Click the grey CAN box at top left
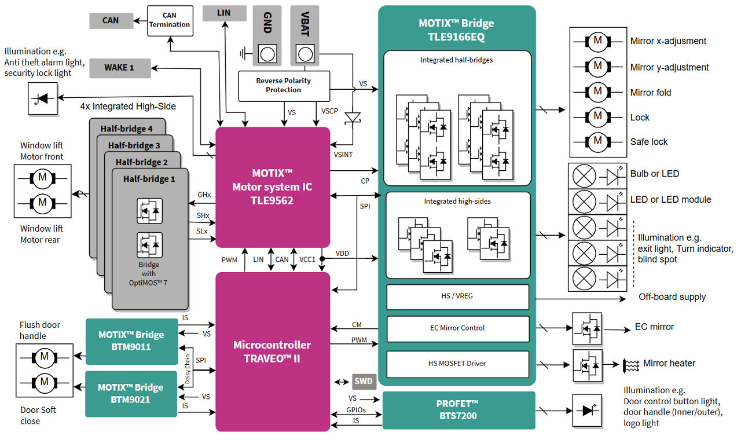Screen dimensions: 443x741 111,20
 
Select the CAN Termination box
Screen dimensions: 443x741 169,20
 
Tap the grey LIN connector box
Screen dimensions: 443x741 223,12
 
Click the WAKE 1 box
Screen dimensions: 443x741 119,68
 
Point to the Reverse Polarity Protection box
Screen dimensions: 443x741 284,86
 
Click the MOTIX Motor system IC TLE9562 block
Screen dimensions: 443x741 272,187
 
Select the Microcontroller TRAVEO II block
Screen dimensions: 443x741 272,352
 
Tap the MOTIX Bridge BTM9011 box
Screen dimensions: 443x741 131,341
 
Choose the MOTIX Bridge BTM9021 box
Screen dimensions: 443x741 131,393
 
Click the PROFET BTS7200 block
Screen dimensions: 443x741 458,409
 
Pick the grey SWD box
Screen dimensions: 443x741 364,382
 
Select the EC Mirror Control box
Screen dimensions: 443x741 457,328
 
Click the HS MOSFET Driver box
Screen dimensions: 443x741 457,364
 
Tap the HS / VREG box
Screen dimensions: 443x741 457,296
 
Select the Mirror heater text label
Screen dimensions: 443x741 669,364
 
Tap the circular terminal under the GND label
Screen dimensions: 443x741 267,54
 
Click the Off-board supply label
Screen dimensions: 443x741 672,297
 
